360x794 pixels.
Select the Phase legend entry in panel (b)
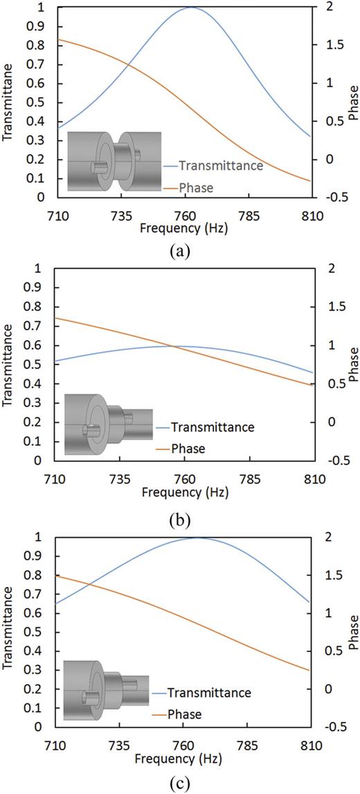tap(186, 449)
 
